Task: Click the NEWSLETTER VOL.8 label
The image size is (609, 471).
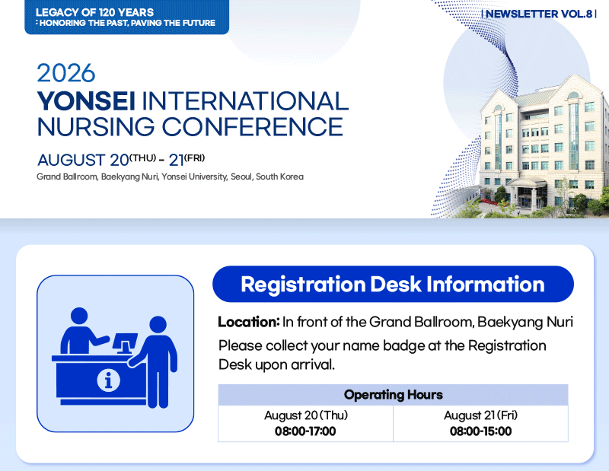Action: click(539, 14)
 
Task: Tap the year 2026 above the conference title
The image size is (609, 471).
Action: click(66, 73)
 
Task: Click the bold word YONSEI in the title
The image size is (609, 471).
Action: click(86, 101)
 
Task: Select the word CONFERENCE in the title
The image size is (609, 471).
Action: click(253, 126)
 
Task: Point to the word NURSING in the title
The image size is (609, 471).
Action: click(96, 126)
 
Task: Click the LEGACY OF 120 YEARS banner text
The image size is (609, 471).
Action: click(94, 12)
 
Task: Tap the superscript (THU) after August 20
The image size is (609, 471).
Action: click(142, 158)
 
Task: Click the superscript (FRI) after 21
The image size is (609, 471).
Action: click(195, 158)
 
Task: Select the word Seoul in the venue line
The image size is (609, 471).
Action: click(241, 177)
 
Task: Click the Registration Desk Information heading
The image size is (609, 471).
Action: click(393, 285)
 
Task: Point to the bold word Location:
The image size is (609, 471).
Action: click(249, 322)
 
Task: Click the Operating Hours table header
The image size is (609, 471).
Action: click(393, 395)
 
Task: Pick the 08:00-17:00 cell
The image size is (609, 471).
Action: click(305, 431)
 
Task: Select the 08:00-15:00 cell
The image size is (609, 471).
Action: click(480, 431)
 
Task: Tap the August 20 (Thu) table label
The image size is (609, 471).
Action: click(306, 415)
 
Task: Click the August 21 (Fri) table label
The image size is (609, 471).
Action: click(481, 415)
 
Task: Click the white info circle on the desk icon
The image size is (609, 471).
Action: click(108, 380)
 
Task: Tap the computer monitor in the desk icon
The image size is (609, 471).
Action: click(125, 343)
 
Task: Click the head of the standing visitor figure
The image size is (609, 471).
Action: click(158, 325)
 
